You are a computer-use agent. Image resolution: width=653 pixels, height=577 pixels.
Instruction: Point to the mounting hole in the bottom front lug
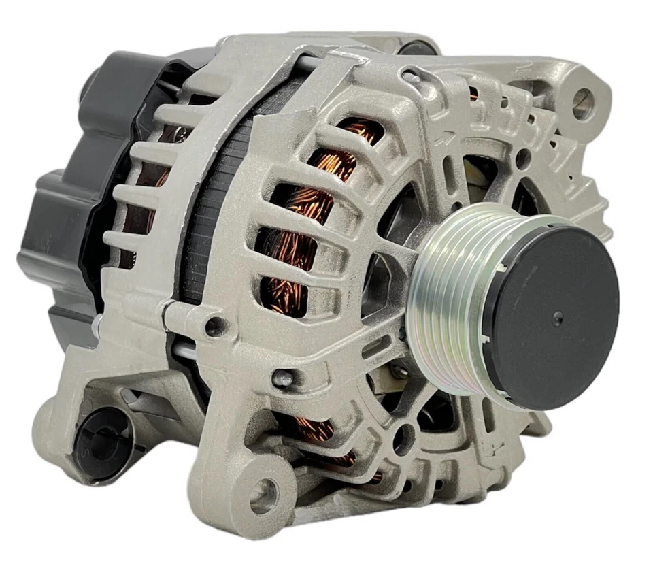264,495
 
